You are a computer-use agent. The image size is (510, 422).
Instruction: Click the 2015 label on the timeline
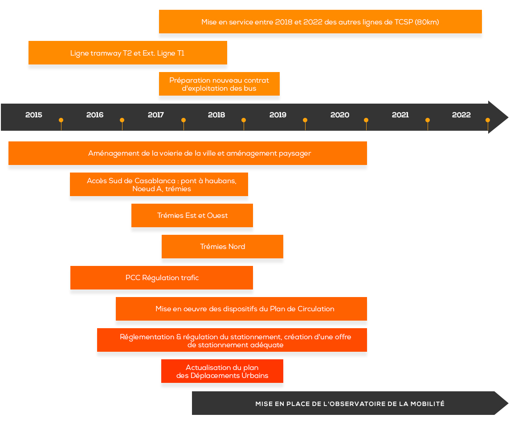coord(34,115)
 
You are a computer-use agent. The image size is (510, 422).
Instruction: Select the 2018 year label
coord(216,115)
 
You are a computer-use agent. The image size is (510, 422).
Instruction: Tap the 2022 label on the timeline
coord(461,115)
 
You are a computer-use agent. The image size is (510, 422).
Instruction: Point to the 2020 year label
coord(339,115)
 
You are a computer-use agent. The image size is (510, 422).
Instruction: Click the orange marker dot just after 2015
coord(61,120)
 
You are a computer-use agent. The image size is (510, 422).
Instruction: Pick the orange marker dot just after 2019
coord(305,120)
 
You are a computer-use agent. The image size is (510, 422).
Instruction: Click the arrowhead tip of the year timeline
coord(508,117)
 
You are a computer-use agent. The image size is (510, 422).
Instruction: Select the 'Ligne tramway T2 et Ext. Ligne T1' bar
coord(127,52)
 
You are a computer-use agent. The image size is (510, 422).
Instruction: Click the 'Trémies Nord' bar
coord(222,246)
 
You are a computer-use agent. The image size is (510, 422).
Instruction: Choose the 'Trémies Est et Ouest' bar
coord(192,215)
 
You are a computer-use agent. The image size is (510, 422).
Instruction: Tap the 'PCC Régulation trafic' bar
coord(162,277)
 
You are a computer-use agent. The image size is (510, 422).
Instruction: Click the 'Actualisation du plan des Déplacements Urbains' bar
coord(222,371)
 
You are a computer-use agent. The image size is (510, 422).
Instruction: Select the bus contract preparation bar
coord(219,84)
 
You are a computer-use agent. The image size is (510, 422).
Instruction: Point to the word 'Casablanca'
coord(155,181)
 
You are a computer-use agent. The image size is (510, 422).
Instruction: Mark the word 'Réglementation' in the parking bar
coord(147,337)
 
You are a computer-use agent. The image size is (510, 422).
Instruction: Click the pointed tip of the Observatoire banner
coord(508,403)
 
